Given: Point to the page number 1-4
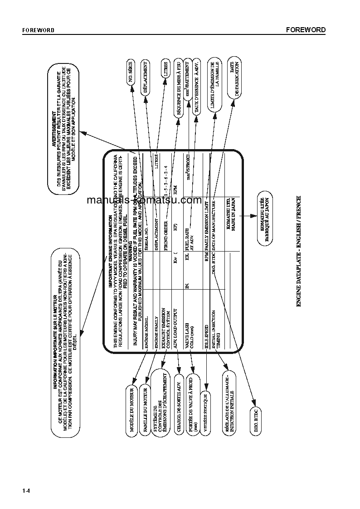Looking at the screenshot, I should tap(26, 491).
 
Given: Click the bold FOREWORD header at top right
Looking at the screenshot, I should tap(306, 30).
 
